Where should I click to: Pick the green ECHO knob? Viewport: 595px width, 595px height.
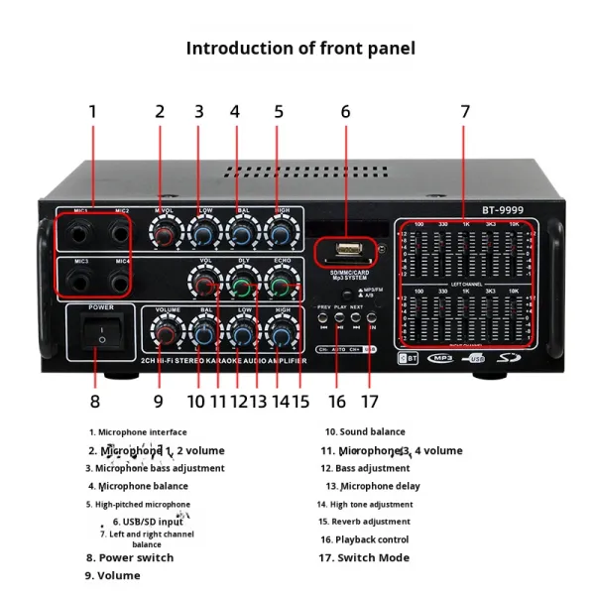[x=281, y=288]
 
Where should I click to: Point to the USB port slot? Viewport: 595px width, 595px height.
[x=343, y=249]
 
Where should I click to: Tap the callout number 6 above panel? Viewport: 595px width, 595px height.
[x=345, y=112]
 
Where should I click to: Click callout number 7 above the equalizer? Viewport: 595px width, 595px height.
[x=464, y=112]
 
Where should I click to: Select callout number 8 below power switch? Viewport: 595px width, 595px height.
[x=94, y=402]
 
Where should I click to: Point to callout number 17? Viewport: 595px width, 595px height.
[x=370, y=402]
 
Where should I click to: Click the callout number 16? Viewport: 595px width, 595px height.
[x=336, y=402]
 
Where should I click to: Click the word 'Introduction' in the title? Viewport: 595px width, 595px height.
[x=234, y=48]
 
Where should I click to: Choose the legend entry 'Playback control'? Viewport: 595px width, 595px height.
[x=371, y=539]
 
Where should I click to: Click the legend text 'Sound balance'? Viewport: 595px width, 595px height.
[x=372, y=431]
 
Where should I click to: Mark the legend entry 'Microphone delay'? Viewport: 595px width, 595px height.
[x=379, y=486]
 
